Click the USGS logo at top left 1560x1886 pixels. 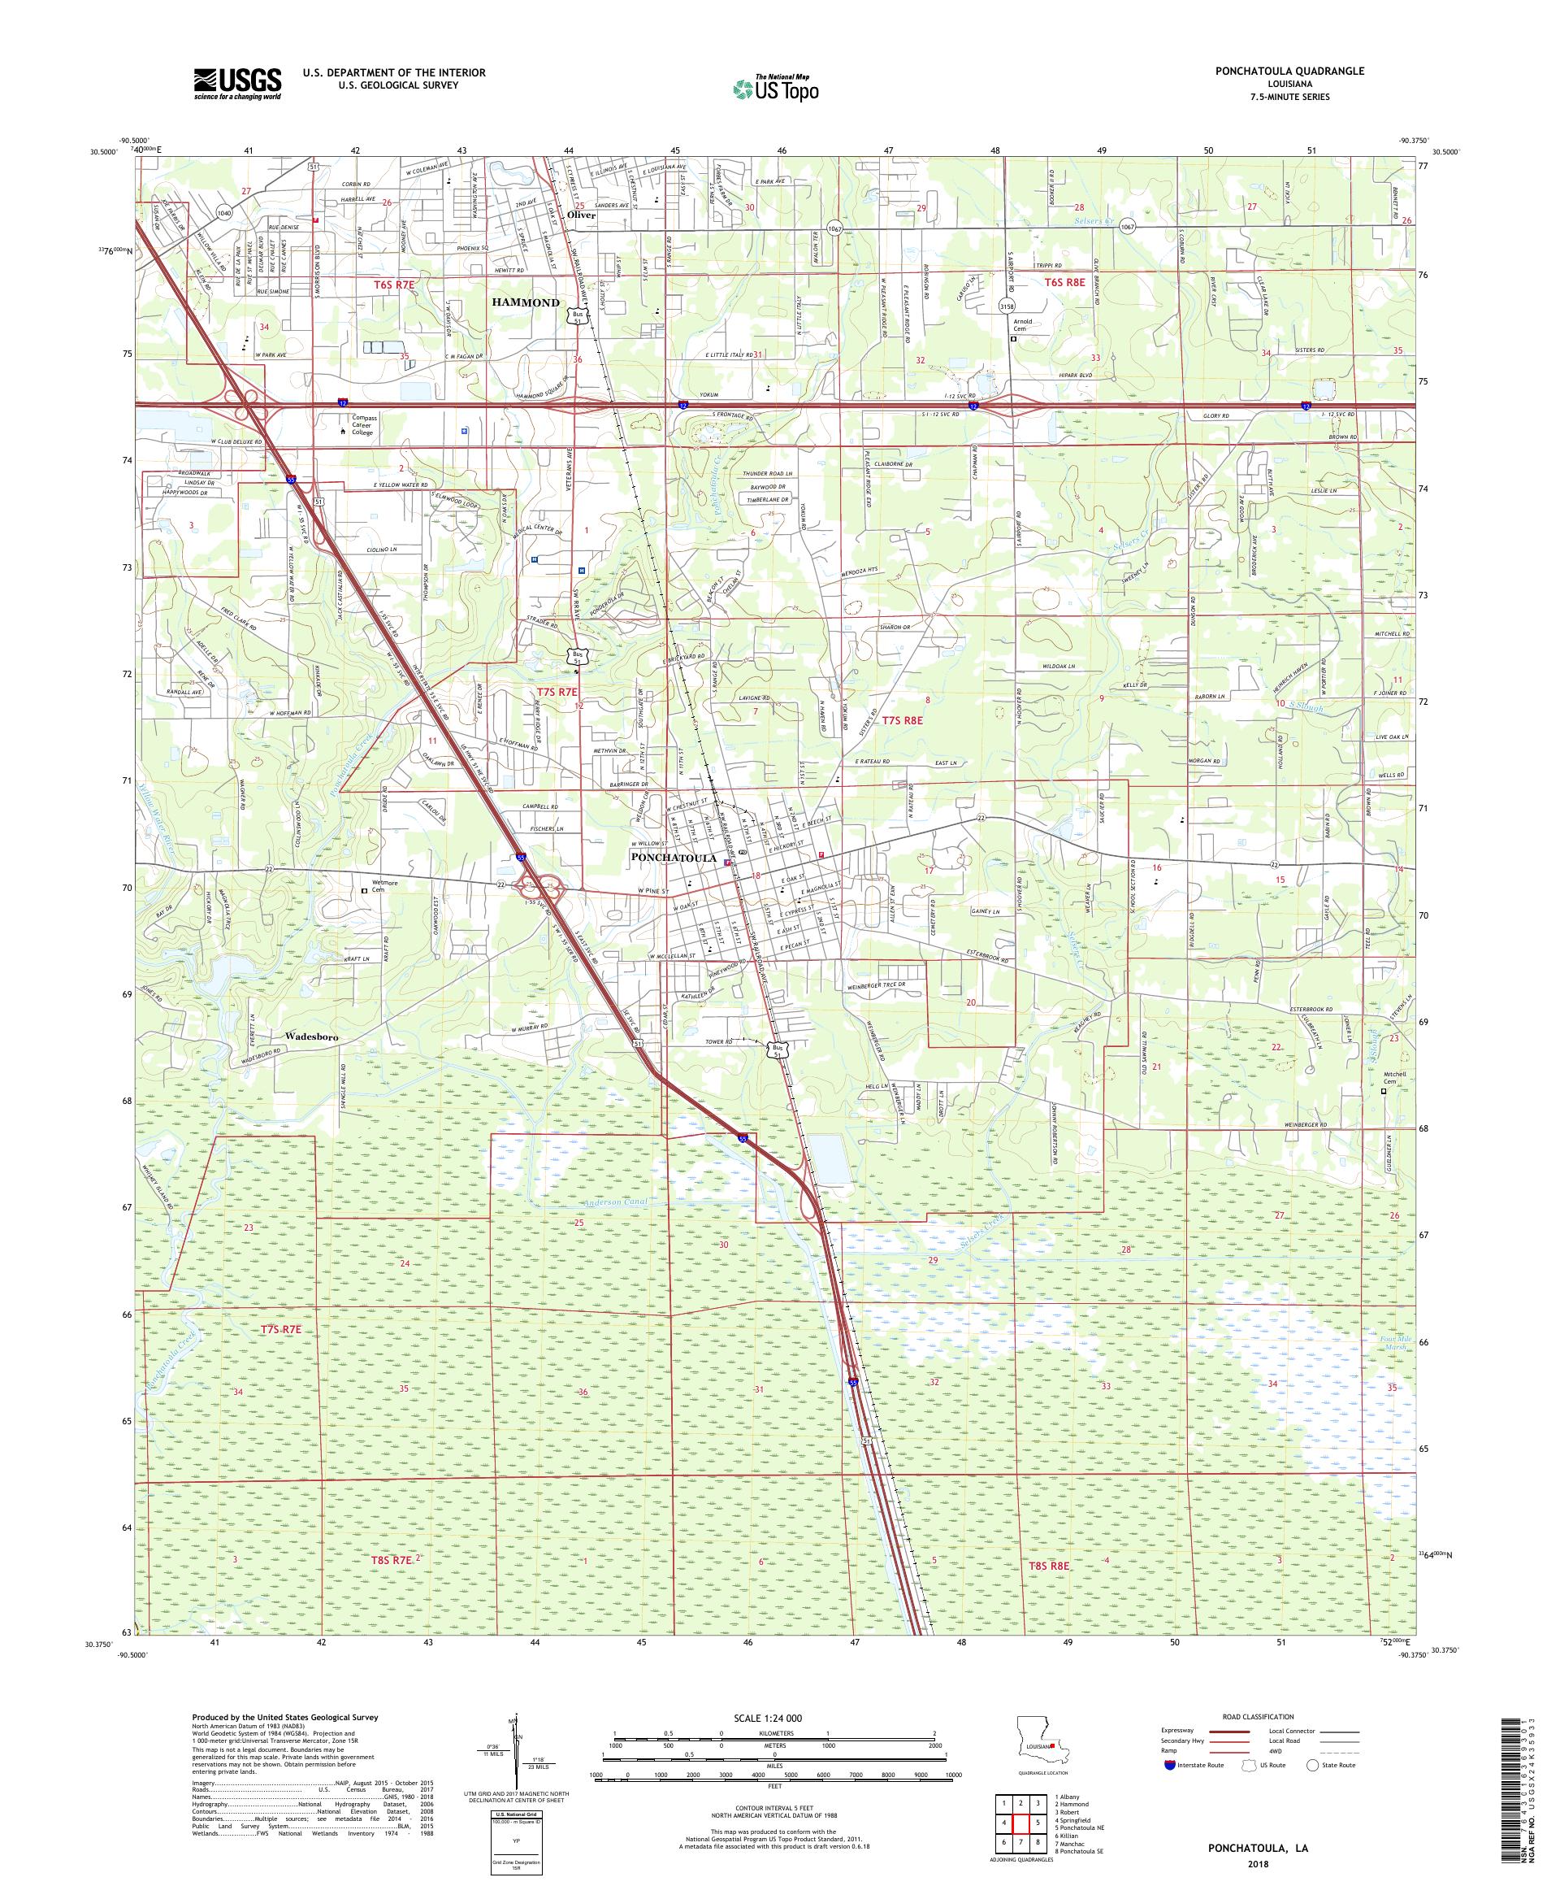(237, 84)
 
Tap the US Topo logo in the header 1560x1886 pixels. (777, 88)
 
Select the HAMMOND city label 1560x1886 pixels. (525, 302)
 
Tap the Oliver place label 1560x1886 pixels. (582, 215)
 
